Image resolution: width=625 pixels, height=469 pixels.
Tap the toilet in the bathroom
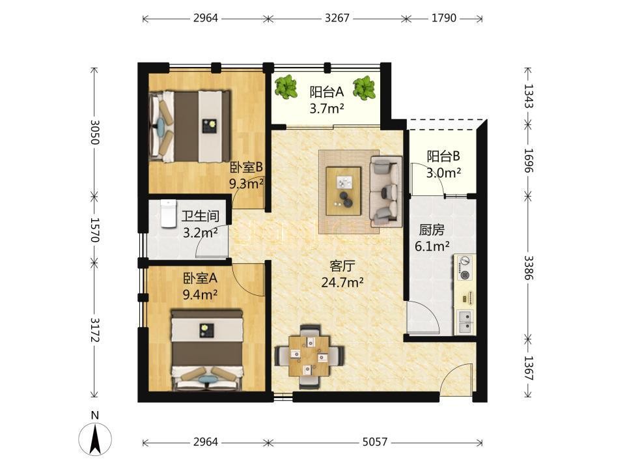click(x=169, y=214)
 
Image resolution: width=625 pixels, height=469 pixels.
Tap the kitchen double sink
click(x=465, y=322)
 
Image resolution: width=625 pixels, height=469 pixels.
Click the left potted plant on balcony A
click(x=286, y=87)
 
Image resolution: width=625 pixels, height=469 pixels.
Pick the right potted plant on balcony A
click(x=364, y=88)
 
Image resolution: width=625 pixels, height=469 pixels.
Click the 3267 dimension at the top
click(x=337, y=18)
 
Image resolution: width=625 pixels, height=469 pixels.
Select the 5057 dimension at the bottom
click(x=375, y=442)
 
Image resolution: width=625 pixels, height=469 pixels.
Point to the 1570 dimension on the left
click(x=94, y=230)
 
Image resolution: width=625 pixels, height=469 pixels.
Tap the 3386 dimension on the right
click(x=528, y=268)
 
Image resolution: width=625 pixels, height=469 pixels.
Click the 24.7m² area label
click(x=342, y=282)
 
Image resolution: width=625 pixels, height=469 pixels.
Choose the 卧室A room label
click(x=200, y=277)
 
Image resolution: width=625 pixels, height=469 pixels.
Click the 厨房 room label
click(x=432, y=230)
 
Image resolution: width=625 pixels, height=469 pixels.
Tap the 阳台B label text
click(x=443, y=156)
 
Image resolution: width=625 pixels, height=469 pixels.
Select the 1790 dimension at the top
click(x=443, y=18)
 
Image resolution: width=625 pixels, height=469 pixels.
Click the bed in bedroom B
click(x=189, y=126)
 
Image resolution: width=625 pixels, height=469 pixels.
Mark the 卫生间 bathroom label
click(x=200, y=216)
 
